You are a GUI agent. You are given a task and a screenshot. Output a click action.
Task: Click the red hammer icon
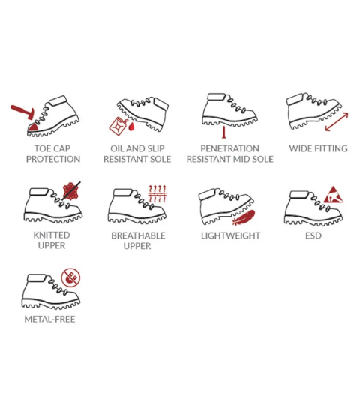pyautogui.click(x=22, y=112)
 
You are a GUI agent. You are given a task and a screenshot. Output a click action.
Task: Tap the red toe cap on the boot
pyautogui.click(x=33, y=127)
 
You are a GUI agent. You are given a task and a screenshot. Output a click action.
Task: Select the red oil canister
pyautogui.click(x=117, y=126)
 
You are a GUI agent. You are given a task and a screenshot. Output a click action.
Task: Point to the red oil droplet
pyautogui.click(x=131, y=127)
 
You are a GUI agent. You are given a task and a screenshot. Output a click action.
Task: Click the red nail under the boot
pyautogui.click(x=223, y=132)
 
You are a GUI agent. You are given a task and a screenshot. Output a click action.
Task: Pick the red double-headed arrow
pyautogui.click(x=337, y=122)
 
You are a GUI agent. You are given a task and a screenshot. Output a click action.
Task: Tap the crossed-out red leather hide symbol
pyautogui.click(x=71, y=190)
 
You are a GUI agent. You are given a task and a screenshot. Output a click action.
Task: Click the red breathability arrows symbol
pyautogui.click(x=157, y=194)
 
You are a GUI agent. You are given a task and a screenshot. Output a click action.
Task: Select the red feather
pyautogui.click(x=244, y=217)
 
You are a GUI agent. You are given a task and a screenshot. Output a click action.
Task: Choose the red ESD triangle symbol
pyautogui.click(x=333, y=195)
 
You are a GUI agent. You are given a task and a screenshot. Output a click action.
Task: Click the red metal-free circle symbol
pyautogui.click(x=70, y=277)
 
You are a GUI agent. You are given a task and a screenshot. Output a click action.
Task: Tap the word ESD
pyautogui.click(x=313, y=235)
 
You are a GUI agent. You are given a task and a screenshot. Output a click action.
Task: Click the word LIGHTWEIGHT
pyautogui.click(x=230, y=235)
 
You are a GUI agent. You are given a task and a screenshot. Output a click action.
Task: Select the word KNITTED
pyautogui.click(x=52, y=235)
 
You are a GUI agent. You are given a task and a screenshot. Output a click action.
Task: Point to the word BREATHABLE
pyautogui.click(x=138, y=235)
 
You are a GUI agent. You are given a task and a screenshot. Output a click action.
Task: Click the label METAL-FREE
pyautogui.click(x=49, y=319)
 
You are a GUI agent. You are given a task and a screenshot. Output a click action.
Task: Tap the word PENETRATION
pyautogui.click(x=229, y=148)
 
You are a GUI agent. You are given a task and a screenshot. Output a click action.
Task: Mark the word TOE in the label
pyautogui.click(x=41, y=148)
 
